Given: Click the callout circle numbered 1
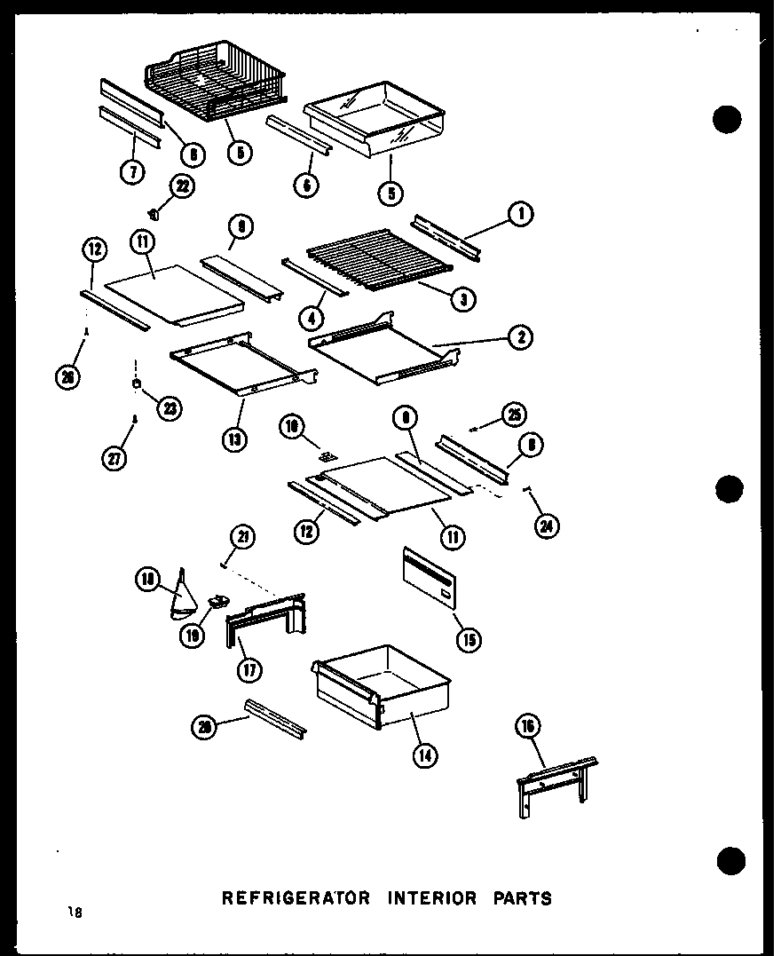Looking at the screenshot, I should [x=520, y=213].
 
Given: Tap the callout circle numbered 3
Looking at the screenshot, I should [x=462, y=300].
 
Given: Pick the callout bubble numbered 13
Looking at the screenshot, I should [x=234, y=438].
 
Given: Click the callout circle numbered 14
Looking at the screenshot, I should [x=425, y=755].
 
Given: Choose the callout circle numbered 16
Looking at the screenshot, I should [x=527, y=728].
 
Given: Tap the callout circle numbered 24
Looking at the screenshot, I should [x=548, y=526].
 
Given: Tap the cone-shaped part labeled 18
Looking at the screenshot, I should [x=184, y=596].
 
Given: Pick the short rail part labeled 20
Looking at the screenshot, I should [x=275, y=717].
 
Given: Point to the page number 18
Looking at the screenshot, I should [x=72, y=912].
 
